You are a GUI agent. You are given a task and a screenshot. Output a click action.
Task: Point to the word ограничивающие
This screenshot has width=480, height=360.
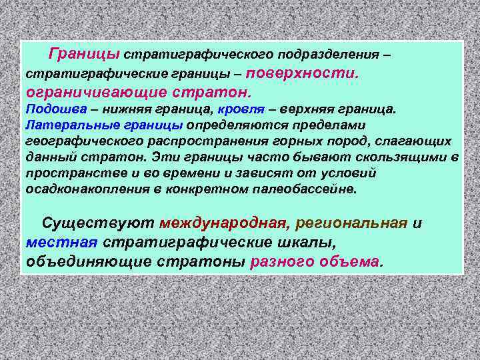[74, 90]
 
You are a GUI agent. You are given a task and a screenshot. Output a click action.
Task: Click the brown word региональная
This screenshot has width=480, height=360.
[351, 223]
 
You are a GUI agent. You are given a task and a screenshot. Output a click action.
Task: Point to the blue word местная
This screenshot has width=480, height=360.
[62, 242]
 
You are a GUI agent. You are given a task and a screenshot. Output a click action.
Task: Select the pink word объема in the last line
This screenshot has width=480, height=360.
[345, 261]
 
